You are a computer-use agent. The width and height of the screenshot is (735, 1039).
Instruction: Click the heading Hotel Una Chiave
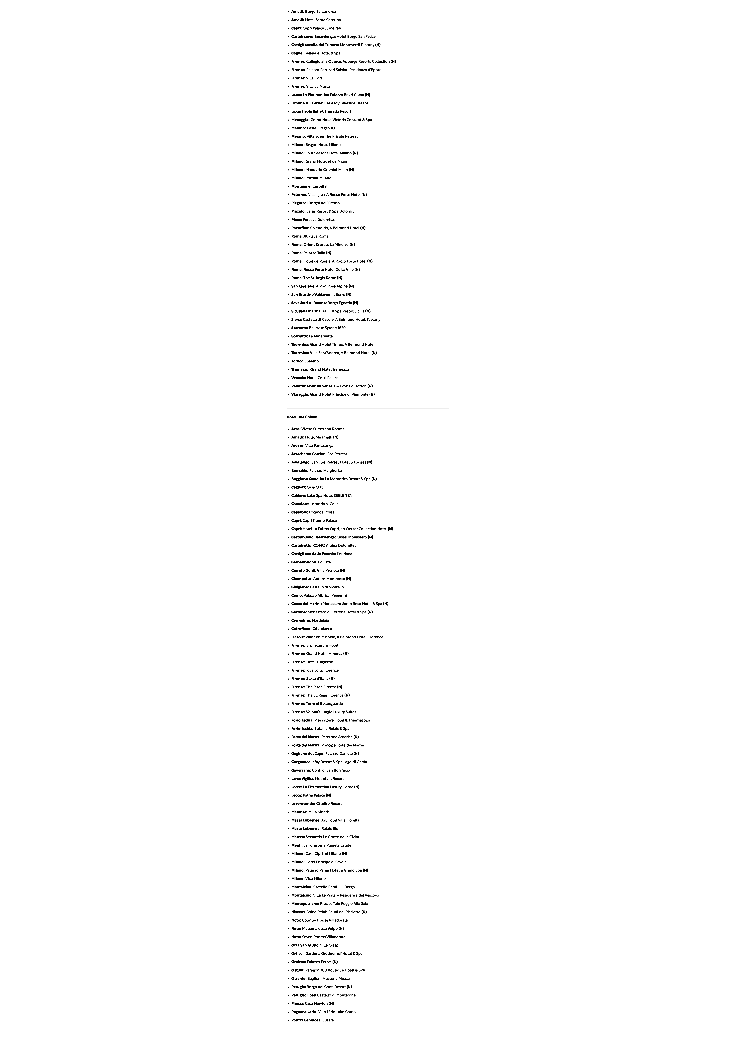pos(301,417)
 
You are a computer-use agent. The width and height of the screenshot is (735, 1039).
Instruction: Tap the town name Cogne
pos(297,53)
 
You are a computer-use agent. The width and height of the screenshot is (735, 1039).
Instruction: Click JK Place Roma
pos(316,236)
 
